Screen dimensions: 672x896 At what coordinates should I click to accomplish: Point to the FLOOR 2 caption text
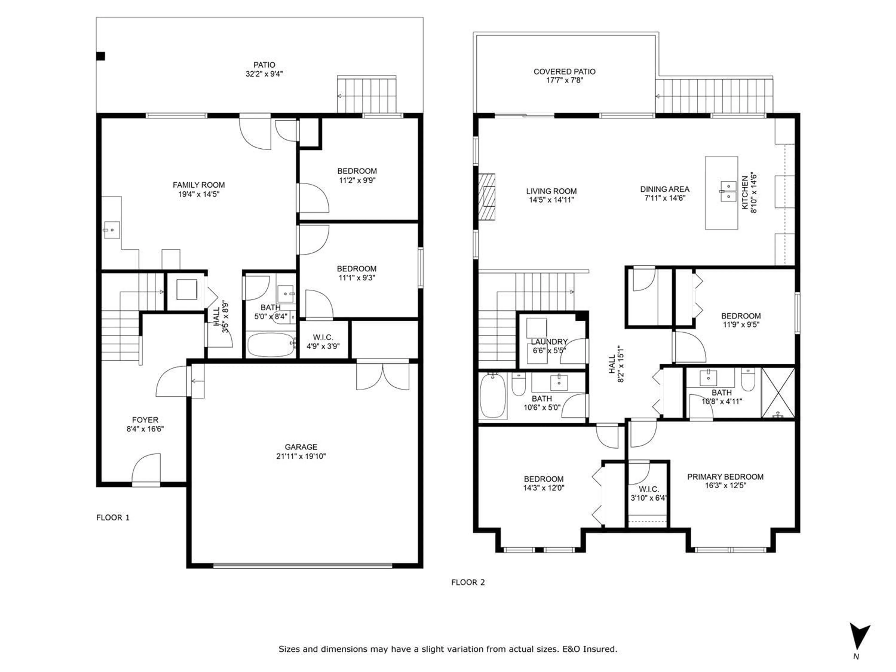[468, 582]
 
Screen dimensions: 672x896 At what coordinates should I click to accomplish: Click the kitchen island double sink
[728, 191]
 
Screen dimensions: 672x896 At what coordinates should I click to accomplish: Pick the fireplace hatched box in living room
[487, 197]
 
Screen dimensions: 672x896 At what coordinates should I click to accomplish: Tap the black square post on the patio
[101, 56]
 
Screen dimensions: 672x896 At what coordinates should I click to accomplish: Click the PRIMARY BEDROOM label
[725, 477]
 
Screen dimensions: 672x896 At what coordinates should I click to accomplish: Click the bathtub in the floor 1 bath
[271, 345]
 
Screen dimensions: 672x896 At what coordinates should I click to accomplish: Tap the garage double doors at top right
[382, 377]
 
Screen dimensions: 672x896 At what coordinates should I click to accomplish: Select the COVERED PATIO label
[564, 72]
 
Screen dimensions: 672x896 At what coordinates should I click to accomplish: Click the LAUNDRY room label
[549, 341]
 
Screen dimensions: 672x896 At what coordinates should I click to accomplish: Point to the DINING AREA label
[664, 189]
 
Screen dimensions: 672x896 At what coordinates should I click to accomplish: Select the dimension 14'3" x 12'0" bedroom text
[544, 488]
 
